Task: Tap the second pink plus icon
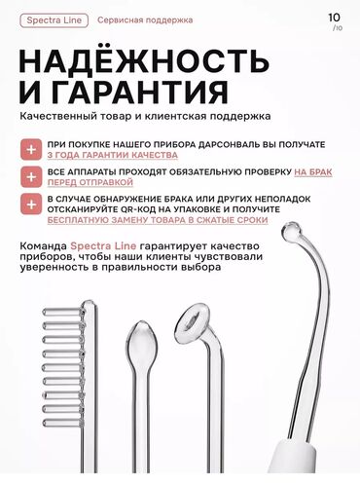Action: [33, 175]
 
